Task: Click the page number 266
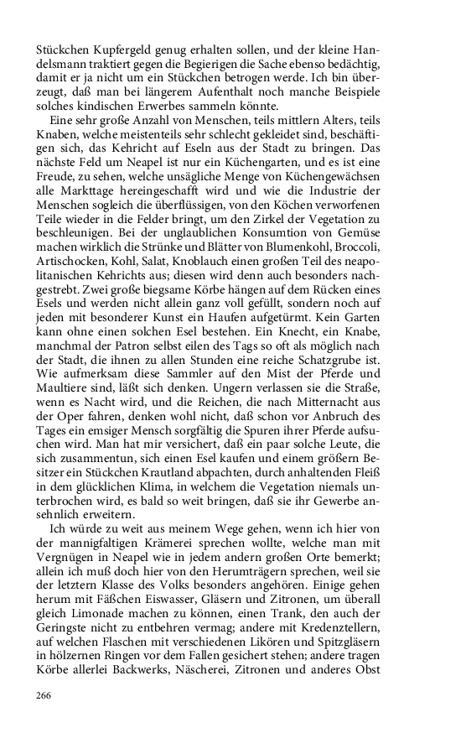click(x=44, y=695)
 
